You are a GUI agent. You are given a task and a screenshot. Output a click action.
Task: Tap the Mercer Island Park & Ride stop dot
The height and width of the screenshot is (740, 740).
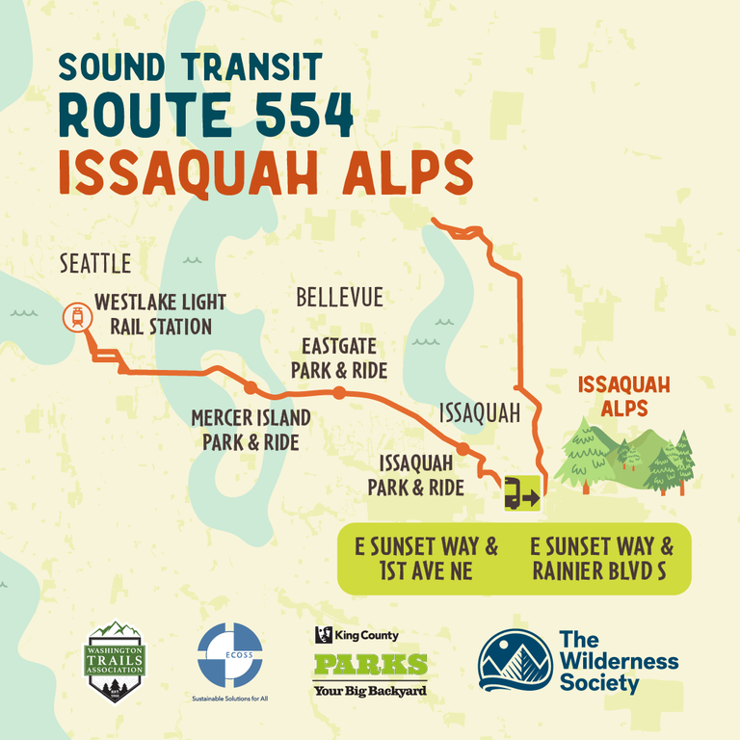251,388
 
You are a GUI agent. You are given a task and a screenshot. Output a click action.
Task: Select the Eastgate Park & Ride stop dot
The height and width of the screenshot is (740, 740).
339,392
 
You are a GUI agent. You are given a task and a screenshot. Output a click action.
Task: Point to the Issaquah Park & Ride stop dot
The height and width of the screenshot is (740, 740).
462,449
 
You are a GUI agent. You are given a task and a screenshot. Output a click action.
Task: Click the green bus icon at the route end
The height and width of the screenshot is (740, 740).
521,494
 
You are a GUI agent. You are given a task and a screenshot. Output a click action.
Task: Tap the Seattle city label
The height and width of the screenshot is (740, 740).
94,263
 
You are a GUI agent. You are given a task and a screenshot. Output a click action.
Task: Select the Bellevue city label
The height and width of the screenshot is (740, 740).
339,297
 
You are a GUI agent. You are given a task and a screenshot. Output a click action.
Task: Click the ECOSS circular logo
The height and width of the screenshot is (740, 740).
229,655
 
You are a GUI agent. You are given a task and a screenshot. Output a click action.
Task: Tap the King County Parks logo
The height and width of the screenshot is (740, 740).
370,663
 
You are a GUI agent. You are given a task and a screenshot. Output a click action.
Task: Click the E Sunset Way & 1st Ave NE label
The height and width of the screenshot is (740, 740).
427,558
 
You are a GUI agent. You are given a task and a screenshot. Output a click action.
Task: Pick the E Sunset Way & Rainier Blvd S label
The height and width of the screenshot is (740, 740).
601,558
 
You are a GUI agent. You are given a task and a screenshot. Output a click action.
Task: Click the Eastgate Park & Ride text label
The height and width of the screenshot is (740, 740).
344,357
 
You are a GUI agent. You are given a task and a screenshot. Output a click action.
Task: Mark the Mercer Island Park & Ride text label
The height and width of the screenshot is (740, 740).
251,430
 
